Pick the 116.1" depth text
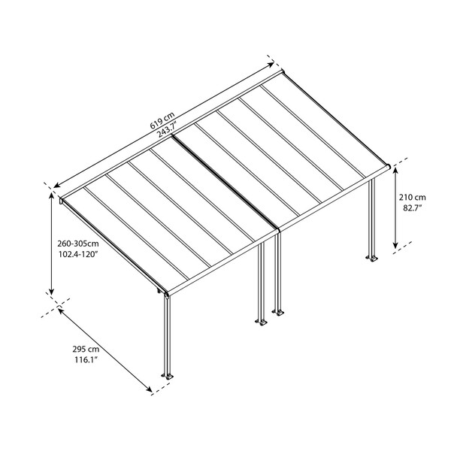[x=86, y=362]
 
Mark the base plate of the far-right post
[x=372, y=260]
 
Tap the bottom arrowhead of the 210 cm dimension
[x=397, y=247]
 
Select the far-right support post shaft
[x=372, y=218]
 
